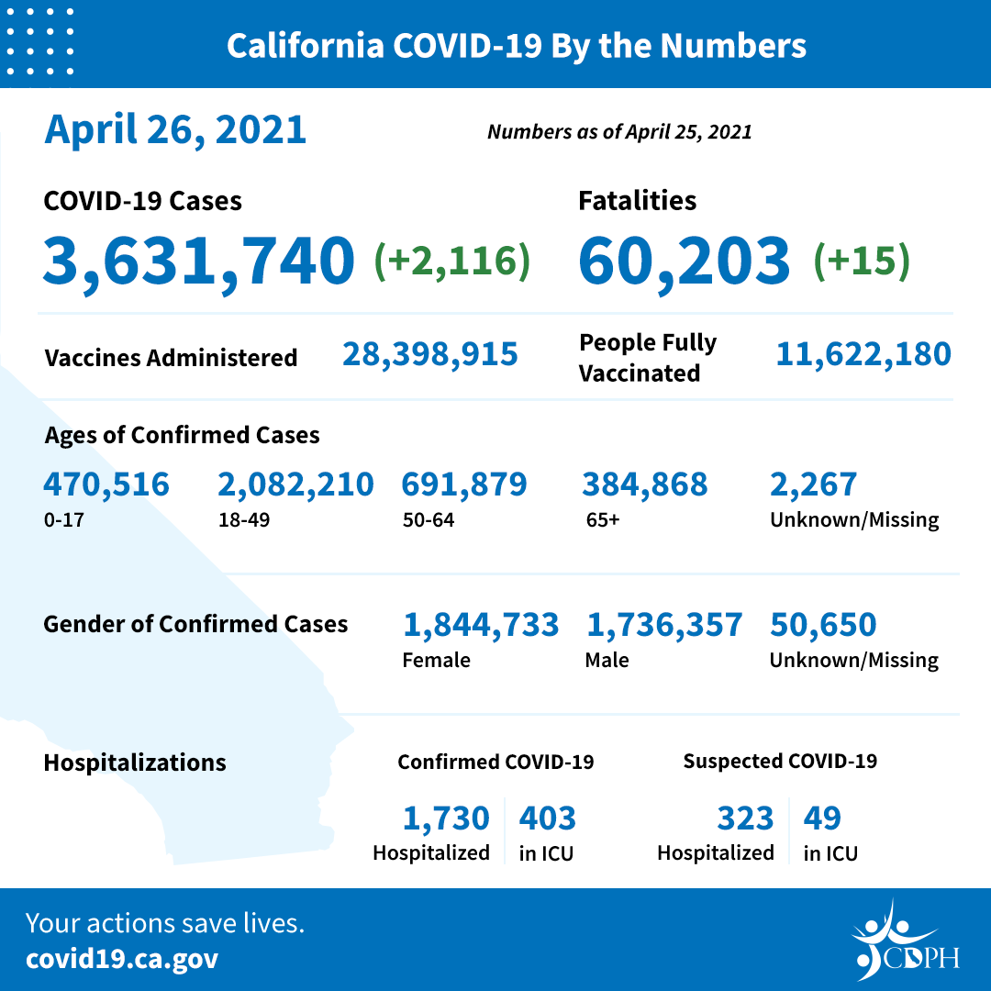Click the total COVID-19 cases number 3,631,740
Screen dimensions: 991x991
[198, 260]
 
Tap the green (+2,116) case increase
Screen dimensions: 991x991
[451, 261]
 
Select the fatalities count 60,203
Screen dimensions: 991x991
[684, 260]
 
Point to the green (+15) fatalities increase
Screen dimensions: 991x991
[862, 261]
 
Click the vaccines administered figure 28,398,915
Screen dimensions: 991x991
[430, 354]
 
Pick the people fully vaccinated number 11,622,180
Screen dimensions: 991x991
[863, 354]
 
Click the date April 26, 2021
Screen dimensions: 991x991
[175, 129]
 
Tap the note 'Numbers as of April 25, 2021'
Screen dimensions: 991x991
[619, 132]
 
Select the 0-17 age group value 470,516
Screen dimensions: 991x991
[106, 484]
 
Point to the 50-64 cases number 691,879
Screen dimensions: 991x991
[464, 484]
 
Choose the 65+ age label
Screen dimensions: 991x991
[603, 520]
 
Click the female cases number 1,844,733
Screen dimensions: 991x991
[481, 625]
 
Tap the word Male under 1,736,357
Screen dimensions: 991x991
[607, 660]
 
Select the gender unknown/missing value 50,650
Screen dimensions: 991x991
[823, 625]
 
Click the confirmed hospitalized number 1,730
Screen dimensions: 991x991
[446, 818]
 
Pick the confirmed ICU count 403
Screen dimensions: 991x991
[548, 818]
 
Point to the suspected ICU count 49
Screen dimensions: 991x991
[822, 818]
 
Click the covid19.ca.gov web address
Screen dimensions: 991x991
[122, 960]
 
